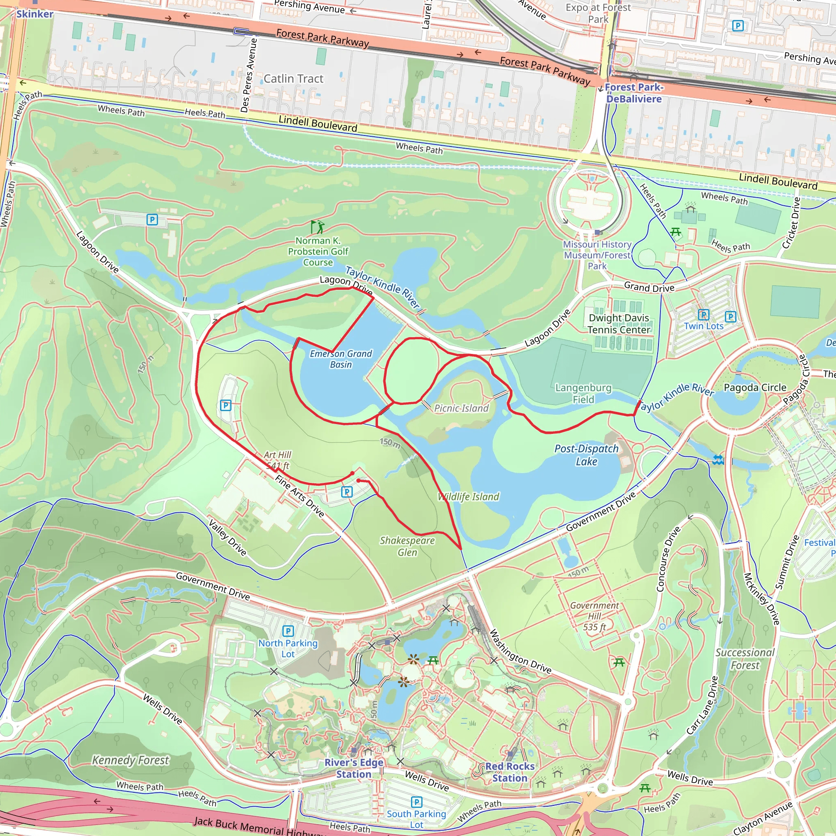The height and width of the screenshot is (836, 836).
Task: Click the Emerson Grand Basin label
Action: (340, 359)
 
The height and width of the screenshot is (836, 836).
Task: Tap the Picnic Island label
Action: (461, 408)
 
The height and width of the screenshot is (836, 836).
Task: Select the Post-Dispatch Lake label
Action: (586, 455)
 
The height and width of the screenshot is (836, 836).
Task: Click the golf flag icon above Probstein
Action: (317, 226)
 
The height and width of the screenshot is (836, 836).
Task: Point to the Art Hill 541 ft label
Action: (277, 460)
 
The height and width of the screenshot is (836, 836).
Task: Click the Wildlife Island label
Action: (469, 497)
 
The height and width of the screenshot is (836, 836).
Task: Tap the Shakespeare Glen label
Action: (407, 546)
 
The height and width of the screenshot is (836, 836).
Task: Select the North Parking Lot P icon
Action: (288, 631)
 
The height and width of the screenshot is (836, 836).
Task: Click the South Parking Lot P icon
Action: (416, 802)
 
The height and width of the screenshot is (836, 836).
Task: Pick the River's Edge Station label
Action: (354, 768)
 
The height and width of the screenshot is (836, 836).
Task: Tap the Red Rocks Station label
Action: (510, 772)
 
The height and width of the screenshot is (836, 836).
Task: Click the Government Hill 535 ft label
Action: (594, 616)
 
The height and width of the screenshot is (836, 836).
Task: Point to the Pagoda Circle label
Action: (755, 387)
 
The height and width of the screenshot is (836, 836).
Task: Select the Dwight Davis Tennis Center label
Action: (619, 324)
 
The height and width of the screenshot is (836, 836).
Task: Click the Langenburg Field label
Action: (583, 394)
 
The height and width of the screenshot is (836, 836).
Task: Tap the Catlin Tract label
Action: (293, 79)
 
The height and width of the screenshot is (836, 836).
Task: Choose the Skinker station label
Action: (35, 14)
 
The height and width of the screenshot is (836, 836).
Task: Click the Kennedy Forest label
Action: (130, 760)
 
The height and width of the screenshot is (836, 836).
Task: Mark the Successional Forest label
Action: (745, 658)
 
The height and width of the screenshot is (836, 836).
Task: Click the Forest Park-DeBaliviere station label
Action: (634, 93)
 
